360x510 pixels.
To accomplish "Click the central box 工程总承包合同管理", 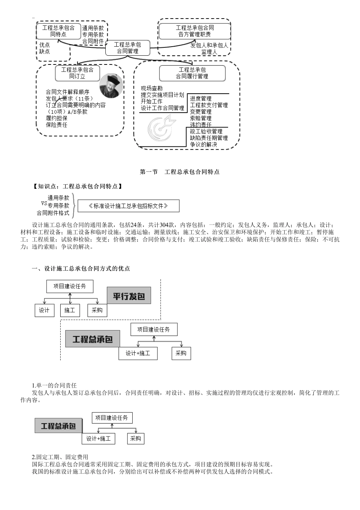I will click(128, 48).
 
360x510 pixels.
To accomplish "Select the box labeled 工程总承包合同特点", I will click(58, 31).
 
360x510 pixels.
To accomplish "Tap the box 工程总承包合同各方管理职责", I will click(194, 31).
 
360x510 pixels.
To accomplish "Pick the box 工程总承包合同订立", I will click(77, 73).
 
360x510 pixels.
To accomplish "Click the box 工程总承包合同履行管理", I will click(192, 73).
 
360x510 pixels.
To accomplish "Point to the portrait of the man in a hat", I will click(111, 86).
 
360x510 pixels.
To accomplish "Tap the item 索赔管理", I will click(201, 118).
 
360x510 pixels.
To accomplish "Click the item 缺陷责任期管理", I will click(209, 138).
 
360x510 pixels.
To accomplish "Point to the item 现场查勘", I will click(152, 88).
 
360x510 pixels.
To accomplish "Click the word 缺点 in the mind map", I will click(45, 51).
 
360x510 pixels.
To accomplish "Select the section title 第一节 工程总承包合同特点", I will click(180, 172).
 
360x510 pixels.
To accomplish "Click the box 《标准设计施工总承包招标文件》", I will click(128, 206).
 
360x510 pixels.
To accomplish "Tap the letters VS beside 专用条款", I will click(44, 203).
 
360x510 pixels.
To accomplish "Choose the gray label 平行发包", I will click(129, 296).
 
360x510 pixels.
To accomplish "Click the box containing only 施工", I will click(70, 310).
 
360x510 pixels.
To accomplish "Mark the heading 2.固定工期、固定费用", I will click(60, 457).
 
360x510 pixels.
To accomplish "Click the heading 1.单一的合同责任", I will click(54, 385).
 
